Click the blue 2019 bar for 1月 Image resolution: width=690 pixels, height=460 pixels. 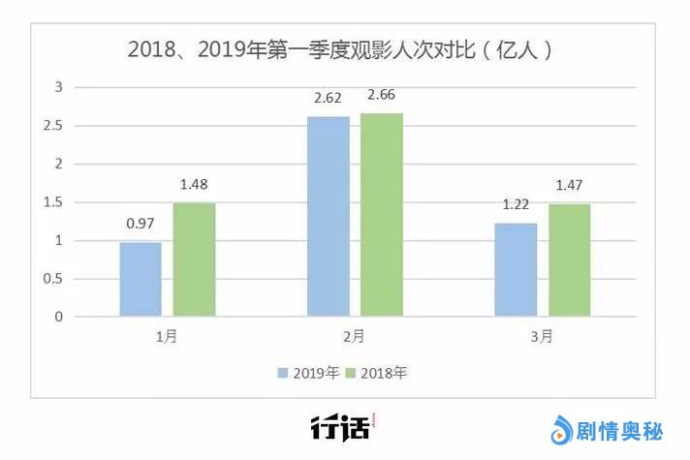tap(141, 279)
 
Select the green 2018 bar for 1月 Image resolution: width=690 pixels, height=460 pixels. tap(194, 260)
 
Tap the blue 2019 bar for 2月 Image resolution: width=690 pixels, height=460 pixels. tap(328, 216)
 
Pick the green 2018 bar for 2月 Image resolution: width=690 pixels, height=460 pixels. tap(382, 214)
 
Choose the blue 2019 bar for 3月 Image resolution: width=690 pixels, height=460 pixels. tap(516, 269)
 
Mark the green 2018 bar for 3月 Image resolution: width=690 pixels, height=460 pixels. tap(569, 260)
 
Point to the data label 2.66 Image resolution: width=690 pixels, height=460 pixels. tap(382, 95)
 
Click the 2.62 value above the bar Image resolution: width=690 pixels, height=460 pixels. tap(328, 99)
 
